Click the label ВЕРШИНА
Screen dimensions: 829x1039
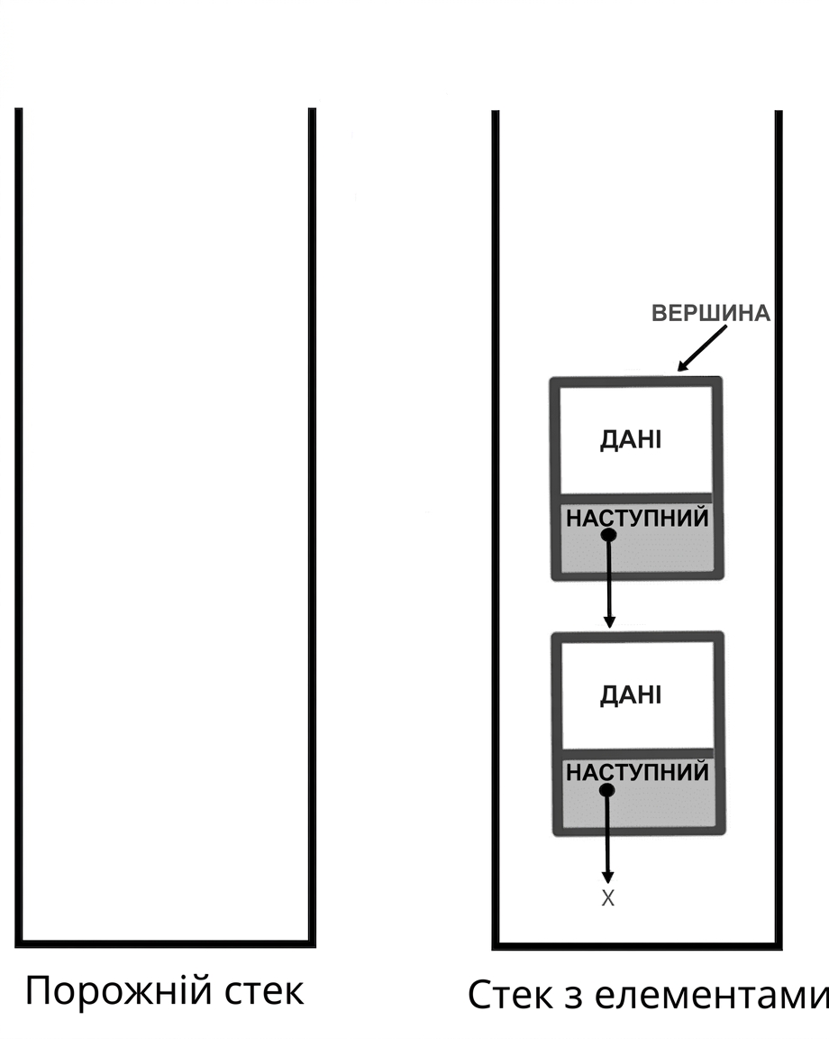tap(710, 313)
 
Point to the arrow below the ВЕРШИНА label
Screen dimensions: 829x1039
tap(702, 348)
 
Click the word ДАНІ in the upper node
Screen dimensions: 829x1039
tap(631, 439)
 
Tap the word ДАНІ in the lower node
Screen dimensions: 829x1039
tap(631, 694)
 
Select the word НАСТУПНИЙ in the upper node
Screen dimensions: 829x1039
tap(637, 518)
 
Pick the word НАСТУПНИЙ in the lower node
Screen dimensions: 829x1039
tap(637, 772)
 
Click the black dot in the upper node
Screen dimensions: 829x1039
tap(608, 534)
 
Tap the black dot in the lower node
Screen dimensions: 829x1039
tap(606, 790)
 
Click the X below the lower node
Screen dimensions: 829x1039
tap(607, 898)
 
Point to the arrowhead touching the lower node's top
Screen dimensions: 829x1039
tap(609, 622)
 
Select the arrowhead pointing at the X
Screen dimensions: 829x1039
tap(608, 878)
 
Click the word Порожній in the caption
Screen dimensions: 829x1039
tap(119, 991)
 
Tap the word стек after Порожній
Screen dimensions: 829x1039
tap(264, 993)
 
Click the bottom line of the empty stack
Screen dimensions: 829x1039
tap(166, 943)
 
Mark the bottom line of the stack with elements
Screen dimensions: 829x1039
tap(637, 946)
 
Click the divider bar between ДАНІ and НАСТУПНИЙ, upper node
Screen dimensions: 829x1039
tap(636, 498)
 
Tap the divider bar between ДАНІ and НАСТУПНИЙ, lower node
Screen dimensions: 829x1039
tap(638, 753)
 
